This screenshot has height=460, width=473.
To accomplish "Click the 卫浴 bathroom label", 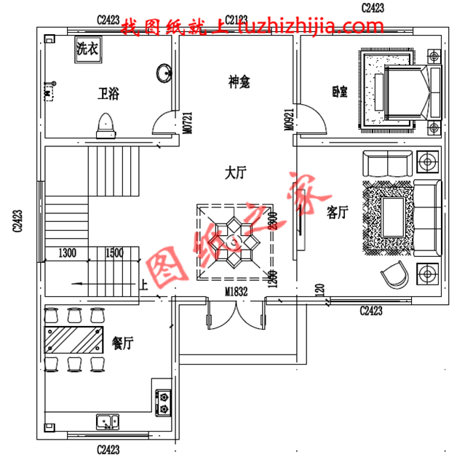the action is pyautogui.click(x=109, y=93).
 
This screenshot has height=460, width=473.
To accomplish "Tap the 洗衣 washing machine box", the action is pyautogui.click(x=87, y=50).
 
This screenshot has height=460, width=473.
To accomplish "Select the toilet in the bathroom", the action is pyautogui.click(x=106, y=124).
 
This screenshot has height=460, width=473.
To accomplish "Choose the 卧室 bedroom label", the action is pyautogui.click(x=338, y=92).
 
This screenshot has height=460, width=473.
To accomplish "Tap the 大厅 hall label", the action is pyautogui.click(x=236, y=173).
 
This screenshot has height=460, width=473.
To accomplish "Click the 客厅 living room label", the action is pyautogui.click(x=338, y=213).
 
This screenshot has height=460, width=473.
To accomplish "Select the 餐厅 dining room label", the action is pyautogui.click(x=122, y=342).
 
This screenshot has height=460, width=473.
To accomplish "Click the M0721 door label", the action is pyautogui.click(x=188, y=122).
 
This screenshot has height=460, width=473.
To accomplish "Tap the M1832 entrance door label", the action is pyautogui.click(x=236, y=293).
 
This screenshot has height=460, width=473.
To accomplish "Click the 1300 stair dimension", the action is pyautogui.click(x=67, y=253).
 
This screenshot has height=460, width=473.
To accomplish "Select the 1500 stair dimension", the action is pyautogui.click(x=114, y=253).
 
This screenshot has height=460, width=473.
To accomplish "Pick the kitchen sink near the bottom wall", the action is pyautogui.click(x=108, y=421).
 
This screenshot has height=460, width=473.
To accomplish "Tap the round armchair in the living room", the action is pyautogui.click(x=394, y=275).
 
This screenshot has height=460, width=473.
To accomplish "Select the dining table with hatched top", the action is pyautogui.click(x=74, y=338).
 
